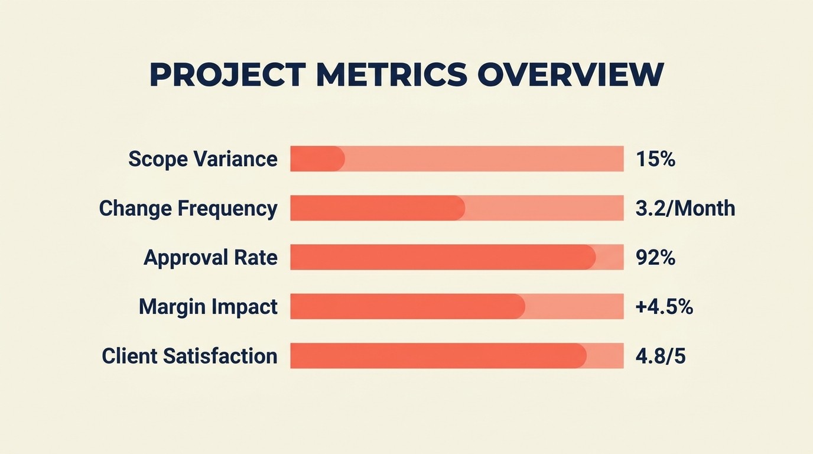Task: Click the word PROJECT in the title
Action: point(227,76)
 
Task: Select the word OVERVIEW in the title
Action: point(570,76)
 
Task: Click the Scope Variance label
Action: point(203,159)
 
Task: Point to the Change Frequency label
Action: point(188,209)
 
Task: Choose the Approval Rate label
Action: point(210,258)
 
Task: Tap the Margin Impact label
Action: point(208,307)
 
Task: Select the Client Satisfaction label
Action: point(189,356)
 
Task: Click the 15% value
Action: point(655,159)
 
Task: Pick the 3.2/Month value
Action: point(685,209)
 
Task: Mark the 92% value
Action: point(655,258)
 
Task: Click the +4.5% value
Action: point(664,307)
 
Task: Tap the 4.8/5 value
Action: point(660,356)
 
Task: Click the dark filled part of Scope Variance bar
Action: point(317,159)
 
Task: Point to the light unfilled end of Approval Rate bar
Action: point(610,258)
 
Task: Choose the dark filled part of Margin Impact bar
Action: point(407,307)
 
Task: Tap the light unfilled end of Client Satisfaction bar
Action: point(606,356)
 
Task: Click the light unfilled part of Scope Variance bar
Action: point(484,159)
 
